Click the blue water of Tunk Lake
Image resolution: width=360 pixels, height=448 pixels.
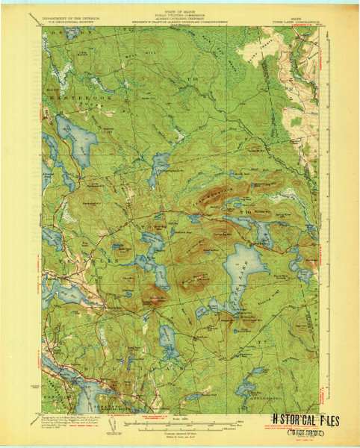click(240, 269)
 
